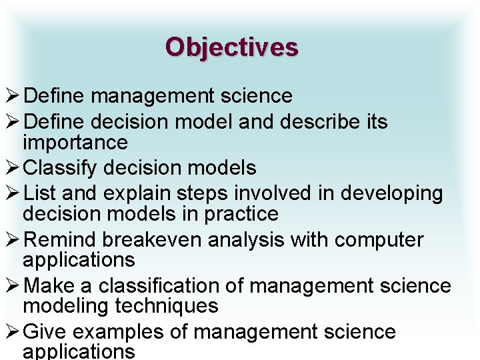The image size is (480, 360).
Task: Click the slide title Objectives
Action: point(231,47)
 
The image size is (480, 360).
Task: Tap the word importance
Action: point(75,143)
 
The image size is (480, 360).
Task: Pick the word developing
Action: point(391,194)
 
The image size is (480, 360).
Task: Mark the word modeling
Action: point(65,307)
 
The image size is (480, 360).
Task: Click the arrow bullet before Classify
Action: point(11,167)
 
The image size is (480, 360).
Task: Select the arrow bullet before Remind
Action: point(11,239)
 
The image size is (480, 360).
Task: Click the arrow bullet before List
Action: point(11,193)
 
